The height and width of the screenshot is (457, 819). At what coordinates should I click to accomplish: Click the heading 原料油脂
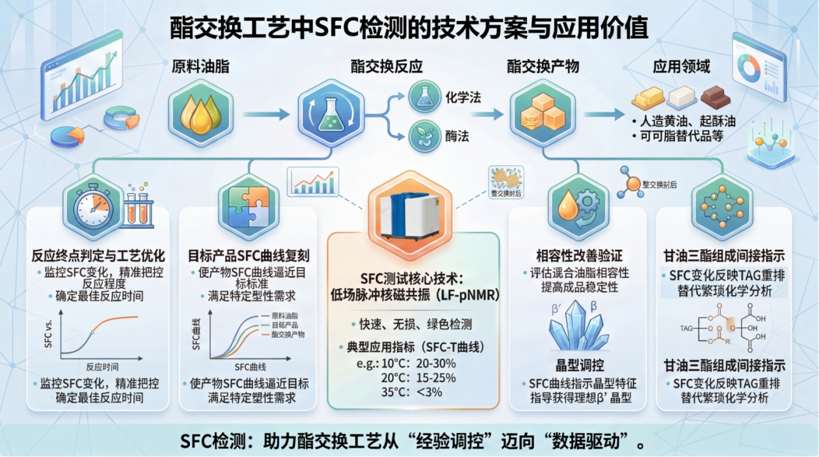coord(200,66)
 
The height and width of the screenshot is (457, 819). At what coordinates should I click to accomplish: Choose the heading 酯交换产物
coord(543,66)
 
